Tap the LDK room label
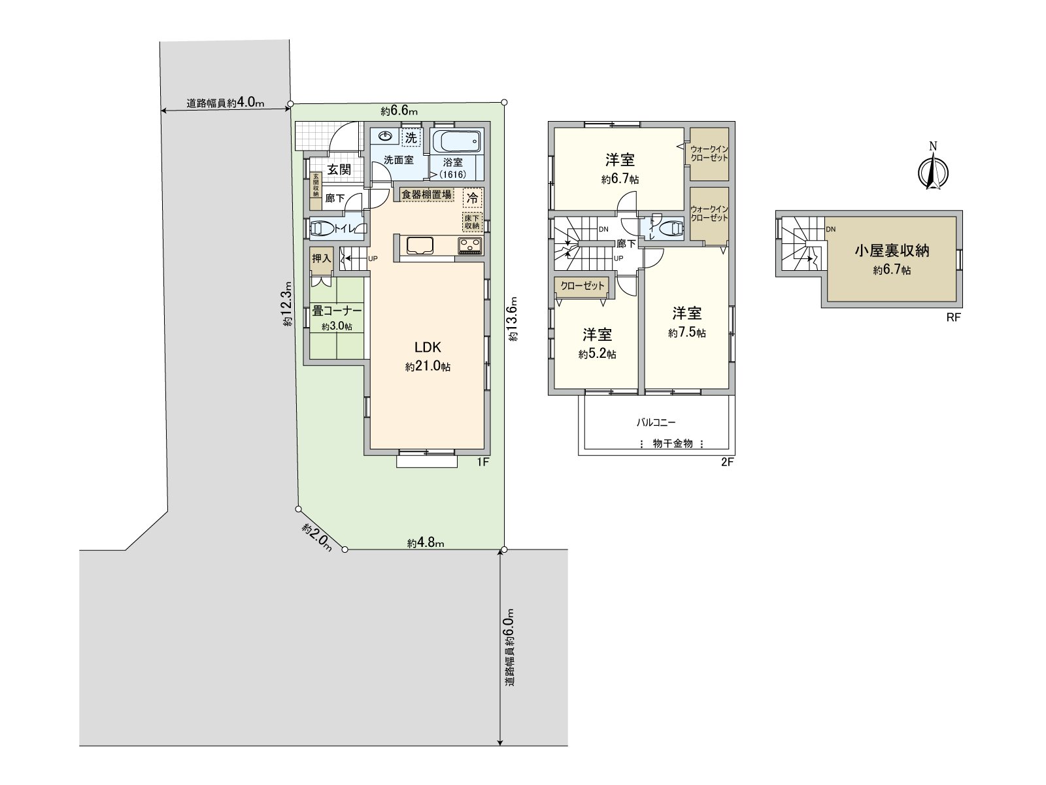point(428,347)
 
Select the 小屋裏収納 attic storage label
point(892,251)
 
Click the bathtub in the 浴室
point(456,141)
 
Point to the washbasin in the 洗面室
point(385,137)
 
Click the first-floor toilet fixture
point(323,228)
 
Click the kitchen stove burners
point(471,246)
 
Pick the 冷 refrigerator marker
point(471,196)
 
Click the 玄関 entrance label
point(339,169)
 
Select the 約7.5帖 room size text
point(686,333)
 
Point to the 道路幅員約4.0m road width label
point(225,103)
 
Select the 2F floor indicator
point(728,462)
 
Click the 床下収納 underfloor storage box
point(471,222)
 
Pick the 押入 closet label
point(321,258)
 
